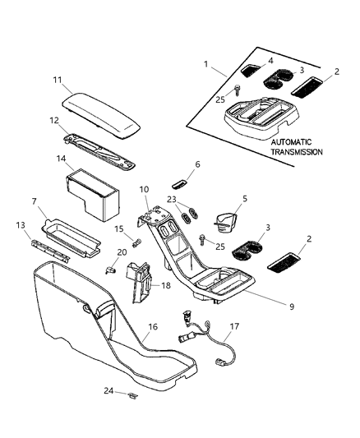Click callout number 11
58,80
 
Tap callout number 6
197,164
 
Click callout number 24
110,390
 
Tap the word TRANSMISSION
297,152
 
